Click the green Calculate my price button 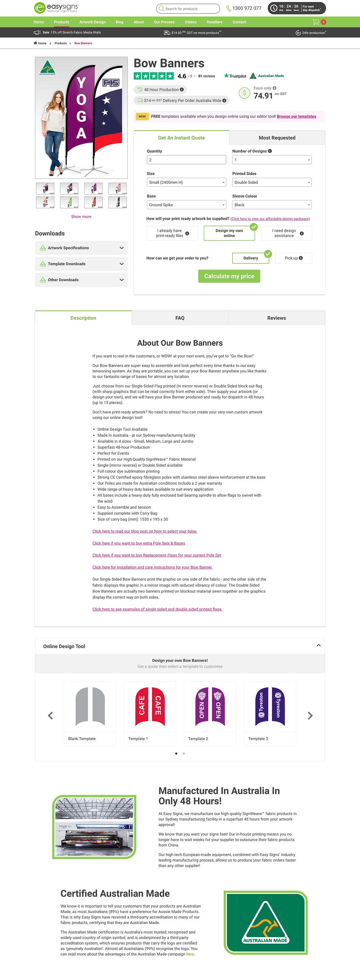pos(229,276)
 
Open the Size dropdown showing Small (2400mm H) pos(186,182)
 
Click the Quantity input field pos(186,160)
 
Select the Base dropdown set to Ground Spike pos(186,205)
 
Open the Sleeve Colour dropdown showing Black pos(271,205)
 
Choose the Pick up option pos(293,258)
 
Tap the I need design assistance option pos(286,233)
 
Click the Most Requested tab pos(276,138)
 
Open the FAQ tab pos(180,318)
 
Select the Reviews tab pos(276,318)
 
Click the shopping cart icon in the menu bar pos(316,22)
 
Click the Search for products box pos(188,8)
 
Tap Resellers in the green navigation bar pos(214,22)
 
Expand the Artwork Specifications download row pos(81,248)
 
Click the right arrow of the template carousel pos(310,715)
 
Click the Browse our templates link pos(296,116)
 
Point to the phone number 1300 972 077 pos(247,8)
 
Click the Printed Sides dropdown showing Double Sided pos(271,182)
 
